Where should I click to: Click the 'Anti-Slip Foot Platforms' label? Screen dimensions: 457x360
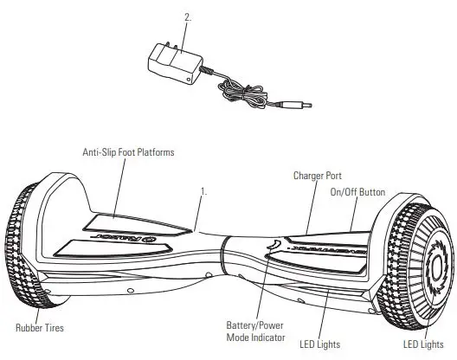point(128,152)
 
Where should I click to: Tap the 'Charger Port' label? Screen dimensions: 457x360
point(317,176)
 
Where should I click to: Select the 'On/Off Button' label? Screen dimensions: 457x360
point(357,192)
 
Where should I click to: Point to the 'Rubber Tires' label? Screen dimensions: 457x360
point(40,328)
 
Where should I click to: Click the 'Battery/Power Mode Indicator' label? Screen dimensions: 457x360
point(255,331)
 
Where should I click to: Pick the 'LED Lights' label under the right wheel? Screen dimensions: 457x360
point(423,344)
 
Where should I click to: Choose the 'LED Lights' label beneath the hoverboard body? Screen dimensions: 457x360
point(319,344)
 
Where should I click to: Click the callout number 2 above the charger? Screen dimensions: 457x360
point(188,17)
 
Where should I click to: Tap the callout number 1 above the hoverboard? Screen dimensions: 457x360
point(204,192)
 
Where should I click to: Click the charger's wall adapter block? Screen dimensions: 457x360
point(175,64)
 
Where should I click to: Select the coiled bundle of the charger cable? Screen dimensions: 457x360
point(242,94)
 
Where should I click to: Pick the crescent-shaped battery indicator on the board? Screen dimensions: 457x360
point(274,244)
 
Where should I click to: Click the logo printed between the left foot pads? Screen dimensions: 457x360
point(126,237)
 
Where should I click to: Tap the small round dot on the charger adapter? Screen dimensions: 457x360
point(189,79)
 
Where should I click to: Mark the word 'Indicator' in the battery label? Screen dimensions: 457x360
point(268,337)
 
